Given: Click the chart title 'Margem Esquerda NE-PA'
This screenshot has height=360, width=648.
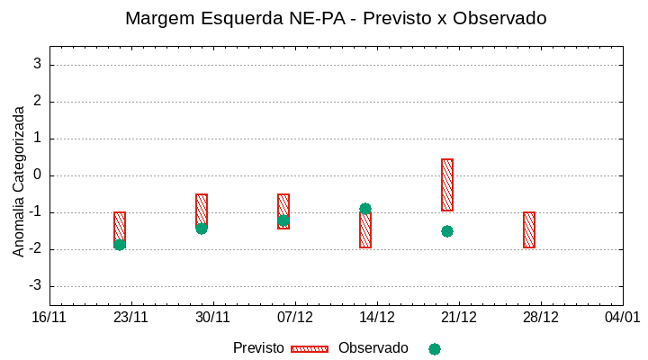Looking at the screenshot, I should coord(336,18).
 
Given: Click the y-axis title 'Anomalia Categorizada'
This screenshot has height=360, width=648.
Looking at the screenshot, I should coord(18,181).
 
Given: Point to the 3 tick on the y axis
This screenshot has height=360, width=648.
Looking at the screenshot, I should coord(38,64).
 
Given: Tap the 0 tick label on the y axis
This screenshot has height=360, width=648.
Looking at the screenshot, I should coord(38,175).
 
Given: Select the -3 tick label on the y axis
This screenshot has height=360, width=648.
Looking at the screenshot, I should coord(35,286).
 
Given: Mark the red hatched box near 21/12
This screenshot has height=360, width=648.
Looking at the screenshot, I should coord(447,184).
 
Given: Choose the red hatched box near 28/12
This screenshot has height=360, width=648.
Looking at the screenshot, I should coord(529,229).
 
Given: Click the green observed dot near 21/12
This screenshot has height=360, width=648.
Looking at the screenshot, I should coord(447,231).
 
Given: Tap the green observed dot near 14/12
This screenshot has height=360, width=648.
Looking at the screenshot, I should coord(365,209).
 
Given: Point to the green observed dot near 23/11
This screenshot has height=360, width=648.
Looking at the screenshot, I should coord(120,245).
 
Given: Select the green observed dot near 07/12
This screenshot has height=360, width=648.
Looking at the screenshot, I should coord(283,220).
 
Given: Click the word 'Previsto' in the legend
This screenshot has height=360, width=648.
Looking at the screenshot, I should coord(258,348).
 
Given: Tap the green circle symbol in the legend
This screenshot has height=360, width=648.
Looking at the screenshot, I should coord(435,349).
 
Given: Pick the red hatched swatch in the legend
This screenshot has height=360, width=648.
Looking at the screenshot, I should coord(310,349).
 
